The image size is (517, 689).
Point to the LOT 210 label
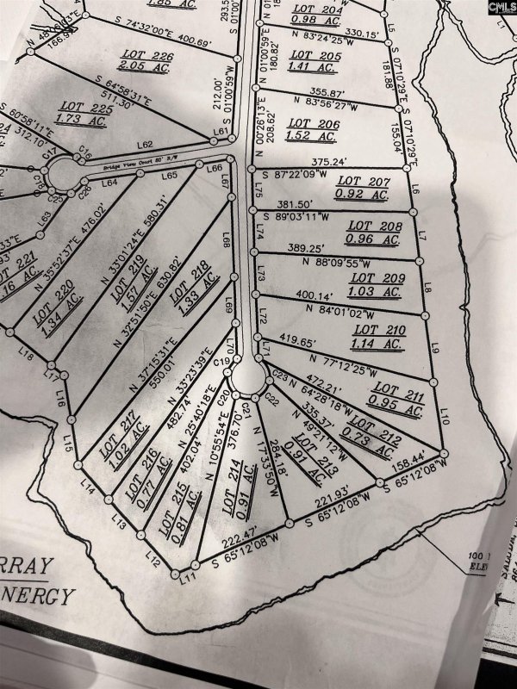click(379, 329)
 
